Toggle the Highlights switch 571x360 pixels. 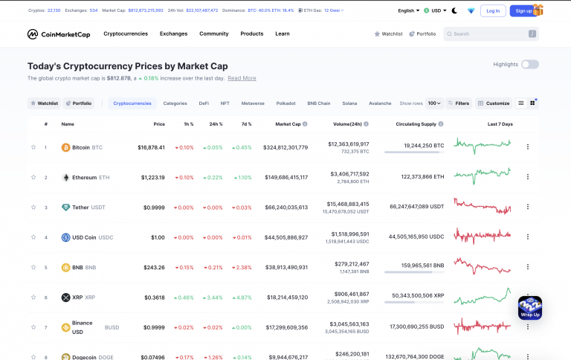529,65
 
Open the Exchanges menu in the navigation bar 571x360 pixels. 173,34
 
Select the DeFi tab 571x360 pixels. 204,103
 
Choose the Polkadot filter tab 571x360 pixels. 285,103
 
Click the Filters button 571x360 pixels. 459,103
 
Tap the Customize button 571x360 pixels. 494,103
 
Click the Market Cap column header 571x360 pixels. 288,124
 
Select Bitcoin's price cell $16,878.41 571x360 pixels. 152,147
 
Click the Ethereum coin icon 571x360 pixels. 65,178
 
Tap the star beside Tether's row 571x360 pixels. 33,208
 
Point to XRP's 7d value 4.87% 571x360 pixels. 242,298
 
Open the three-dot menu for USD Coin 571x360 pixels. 528,237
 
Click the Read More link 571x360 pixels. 242,78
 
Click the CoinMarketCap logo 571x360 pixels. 59,34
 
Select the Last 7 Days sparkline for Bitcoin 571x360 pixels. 483,147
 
